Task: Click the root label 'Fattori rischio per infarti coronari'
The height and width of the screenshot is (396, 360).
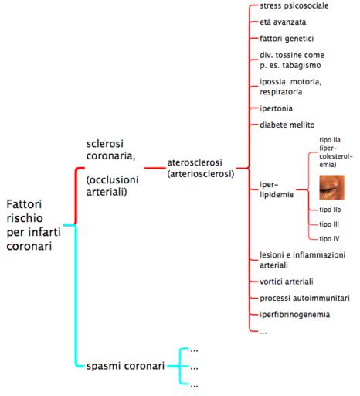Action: (x=33, y=225)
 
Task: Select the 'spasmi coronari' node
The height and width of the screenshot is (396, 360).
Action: (x=125, y=366)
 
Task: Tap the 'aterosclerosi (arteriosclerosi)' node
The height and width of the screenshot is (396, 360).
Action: (x=201, y=168)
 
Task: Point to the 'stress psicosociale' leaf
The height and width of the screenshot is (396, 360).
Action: (x=294, y=5)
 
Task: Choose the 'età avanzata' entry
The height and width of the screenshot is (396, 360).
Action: (x=283, y=22)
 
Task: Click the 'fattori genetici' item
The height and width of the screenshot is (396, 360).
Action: (x=287, y=39)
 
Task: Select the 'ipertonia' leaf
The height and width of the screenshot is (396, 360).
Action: (x=276, y=108)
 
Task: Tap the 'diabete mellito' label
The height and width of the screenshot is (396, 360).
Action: (x=287, y=125)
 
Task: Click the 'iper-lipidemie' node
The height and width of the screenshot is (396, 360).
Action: (x=277, y=189)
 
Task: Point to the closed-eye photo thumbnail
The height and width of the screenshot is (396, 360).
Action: (x=331, y=187)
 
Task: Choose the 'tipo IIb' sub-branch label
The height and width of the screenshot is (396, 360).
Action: (x=330, y=210)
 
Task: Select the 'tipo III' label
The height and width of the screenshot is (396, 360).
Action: (x=329, y=224)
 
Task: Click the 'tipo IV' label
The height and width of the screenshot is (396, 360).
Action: (x=329, y=239)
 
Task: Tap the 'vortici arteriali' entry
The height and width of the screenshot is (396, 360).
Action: (x=287, y=282)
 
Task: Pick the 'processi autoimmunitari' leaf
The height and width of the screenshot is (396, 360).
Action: (x=304, y=299)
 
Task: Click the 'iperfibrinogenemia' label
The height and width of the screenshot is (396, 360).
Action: (x=294, y=315)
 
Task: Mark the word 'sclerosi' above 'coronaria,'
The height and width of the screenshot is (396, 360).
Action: (x=105, y=144)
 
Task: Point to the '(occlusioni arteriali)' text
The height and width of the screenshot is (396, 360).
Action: (x=112, y=186)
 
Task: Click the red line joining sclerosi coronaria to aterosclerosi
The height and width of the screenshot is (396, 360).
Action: (x=155, y=168)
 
